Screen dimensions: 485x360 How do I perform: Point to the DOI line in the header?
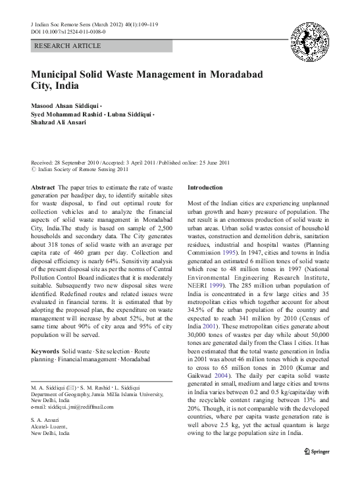(68, 31)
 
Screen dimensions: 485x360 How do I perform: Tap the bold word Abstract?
(43, 188)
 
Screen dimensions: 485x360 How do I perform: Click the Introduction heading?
(205, 188)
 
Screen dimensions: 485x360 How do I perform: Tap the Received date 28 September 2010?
(76, 162)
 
